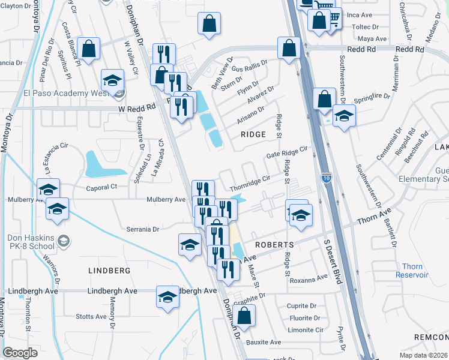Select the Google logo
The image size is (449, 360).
(x=20, y=353)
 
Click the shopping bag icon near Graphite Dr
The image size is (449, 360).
(x=244, y=314)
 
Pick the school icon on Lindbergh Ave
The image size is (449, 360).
(x=168, y=296)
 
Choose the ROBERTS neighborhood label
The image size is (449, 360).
(x=273, y=245)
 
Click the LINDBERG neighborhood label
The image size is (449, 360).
(x=109, y=271)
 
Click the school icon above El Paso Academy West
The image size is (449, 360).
(x=112, y=80)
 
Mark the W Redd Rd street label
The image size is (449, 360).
(x=137, y=107)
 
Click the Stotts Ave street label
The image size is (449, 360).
(x=91, y=316)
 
